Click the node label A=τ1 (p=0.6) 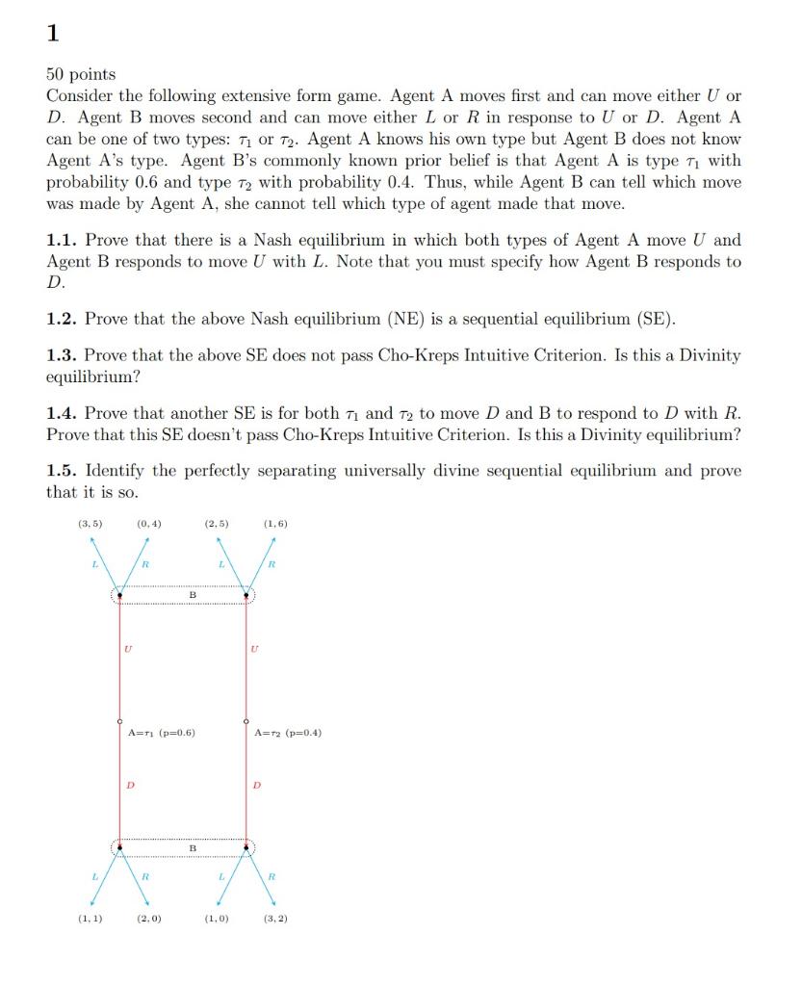click(x=162, y=733)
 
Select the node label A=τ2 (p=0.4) click(x=288, y=733)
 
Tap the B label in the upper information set click(x=193, y=595)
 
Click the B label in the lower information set click(x=192, y=848)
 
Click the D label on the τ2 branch click(x=256, y=785)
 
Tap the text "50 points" click(x=81, y=74)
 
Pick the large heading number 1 click(x=52, y=34)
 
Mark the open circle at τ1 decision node click(x=119, y=720)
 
